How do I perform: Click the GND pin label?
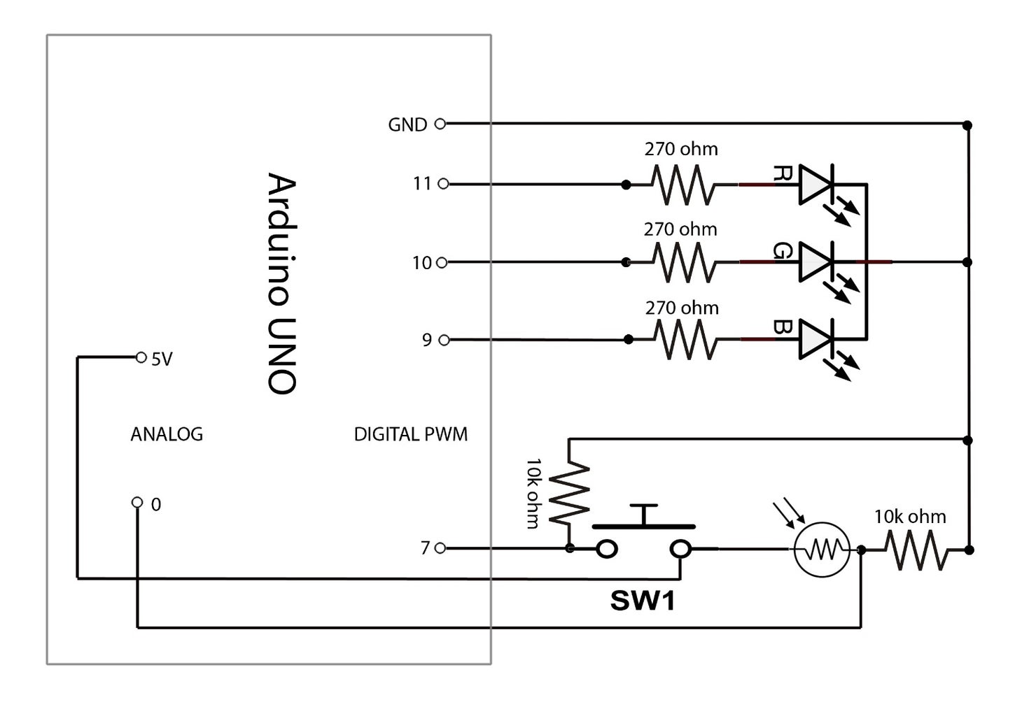[407, 124]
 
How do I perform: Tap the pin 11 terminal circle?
[442, 184]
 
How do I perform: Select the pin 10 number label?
[421, 263]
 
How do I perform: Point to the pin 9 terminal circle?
[442, 340]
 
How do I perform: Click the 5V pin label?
[161, 359]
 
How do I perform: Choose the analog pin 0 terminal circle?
[137, 502]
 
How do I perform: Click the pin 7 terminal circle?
[440, 549]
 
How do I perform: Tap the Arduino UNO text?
[283, 284]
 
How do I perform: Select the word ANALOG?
[167, 434]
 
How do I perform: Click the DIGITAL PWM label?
[410, 434]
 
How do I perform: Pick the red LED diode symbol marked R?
[815, 185]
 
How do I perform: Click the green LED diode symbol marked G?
[815, 262]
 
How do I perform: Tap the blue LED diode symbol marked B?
[815, 340]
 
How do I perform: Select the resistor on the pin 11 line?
[683, 185]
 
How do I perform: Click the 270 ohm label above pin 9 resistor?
[681, 308]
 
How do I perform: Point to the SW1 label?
[642, 601]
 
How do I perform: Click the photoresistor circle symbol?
[822, 550]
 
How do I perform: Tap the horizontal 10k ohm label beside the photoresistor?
[909, 517]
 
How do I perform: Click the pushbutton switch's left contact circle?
[607, 549]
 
